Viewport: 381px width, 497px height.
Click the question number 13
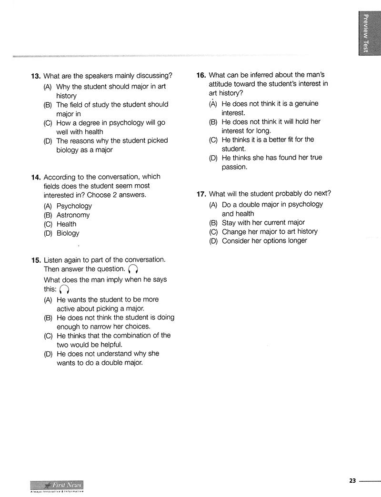pyautogui.click(x=35, y=76)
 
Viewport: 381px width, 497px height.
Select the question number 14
pyautogui.click(x=35, y=177)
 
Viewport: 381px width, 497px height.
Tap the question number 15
pyautogui.click(x=35, y=260)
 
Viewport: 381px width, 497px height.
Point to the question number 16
pyautogui.click(x=201, y=75)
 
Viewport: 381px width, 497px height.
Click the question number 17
pyautogui.click(x=201, y=194)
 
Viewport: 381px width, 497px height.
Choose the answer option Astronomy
pyautogui.click(x=73, y=215)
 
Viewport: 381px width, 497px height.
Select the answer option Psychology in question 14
pyautogui.click(x=74, y=206)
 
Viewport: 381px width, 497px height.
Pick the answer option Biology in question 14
pyautogui.click(x=68, y=233)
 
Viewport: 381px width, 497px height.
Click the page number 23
pyautogui.click(x=352, y=481)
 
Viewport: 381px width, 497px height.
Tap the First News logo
pyautogui.click(x=57, y=486)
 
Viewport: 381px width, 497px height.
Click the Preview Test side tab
pyautogui.click(x=366, y=33)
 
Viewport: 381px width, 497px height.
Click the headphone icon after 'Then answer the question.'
pyautogui.click(x=133, y=270)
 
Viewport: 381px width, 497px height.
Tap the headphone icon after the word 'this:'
pyautogui.click(x=64, y=289)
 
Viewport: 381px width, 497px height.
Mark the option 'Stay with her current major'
pyautogui.click(x=263, y=223)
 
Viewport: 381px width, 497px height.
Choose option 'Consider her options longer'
pyautogui.click(x=264, y=241)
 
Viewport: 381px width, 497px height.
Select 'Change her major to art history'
pyautogui.click(x=270, y=232)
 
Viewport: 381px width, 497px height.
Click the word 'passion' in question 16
pyautogui.click(x=234, y=167)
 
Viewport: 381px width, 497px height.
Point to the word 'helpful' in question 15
pyautogui.click(x=110, y=345)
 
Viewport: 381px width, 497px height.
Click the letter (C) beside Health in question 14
pyautogui.click(x=48, y=224)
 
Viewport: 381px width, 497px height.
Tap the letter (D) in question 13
pyautogui.click(x=48, y=141)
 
